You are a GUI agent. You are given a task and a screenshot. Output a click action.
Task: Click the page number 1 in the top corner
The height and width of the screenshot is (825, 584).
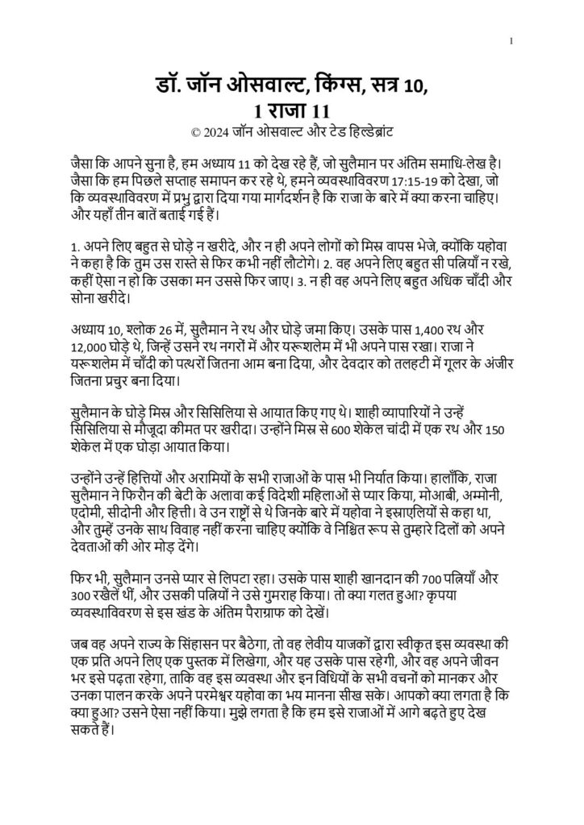point(514,41)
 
